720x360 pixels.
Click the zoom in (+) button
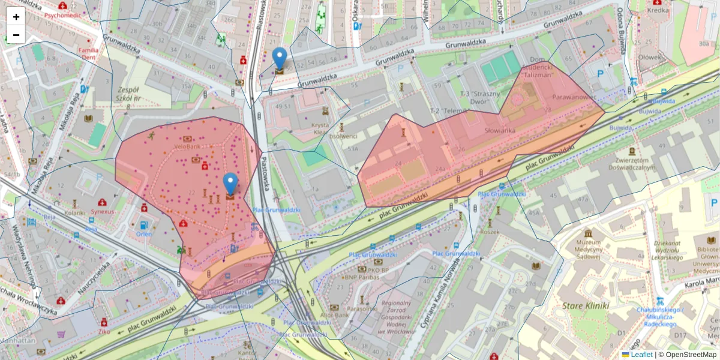pos(16,17)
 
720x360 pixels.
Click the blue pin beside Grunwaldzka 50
pos(280,59)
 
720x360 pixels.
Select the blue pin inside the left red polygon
pos(230,184)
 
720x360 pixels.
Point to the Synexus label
pos(103,211)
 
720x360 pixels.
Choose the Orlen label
pos(144,233)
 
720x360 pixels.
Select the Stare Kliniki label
pos(586,306)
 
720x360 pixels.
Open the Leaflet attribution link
pos(641,355)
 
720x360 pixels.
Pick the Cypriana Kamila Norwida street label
pos(437,291)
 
